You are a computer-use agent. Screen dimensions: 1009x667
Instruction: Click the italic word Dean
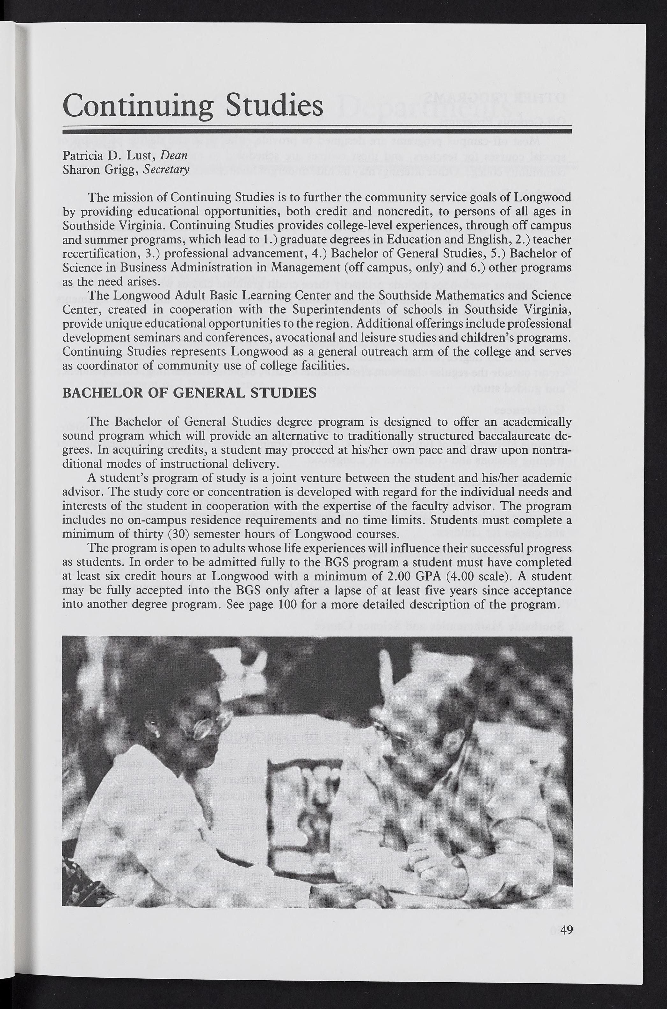[174, 155]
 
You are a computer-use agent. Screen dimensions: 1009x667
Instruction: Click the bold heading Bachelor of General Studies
[189, 392]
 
